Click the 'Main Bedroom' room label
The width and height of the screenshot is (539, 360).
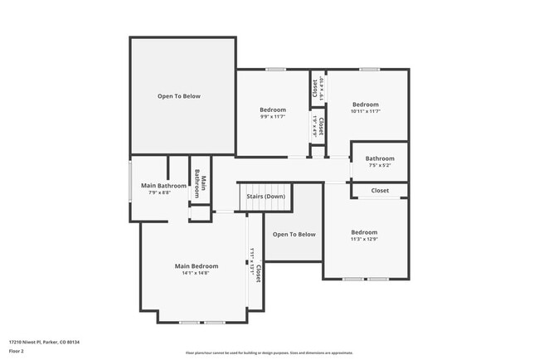(196, 266)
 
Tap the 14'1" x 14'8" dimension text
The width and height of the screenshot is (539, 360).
(196, 273)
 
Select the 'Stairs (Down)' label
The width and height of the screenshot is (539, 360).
(266, 197)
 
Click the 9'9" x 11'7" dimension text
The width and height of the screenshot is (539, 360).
(273, 117)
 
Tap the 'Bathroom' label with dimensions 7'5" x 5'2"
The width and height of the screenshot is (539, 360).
(380, 158)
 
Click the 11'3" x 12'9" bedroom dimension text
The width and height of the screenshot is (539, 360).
(364, 240)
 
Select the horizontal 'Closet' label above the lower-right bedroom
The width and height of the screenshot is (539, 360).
(380, 191)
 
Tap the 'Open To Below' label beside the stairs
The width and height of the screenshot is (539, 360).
(294, 234)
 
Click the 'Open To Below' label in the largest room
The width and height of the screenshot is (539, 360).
(179, 96)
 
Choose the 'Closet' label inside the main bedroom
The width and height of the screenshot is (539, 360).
(258, 274)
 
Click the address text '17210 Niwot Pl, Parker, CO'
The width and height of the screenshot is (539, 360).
(44, 342)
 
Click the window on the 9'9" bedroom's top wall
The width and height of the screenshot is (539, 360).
(276, 69)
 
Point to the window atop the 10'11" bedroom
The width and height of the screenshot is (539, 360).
(370, 69)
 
